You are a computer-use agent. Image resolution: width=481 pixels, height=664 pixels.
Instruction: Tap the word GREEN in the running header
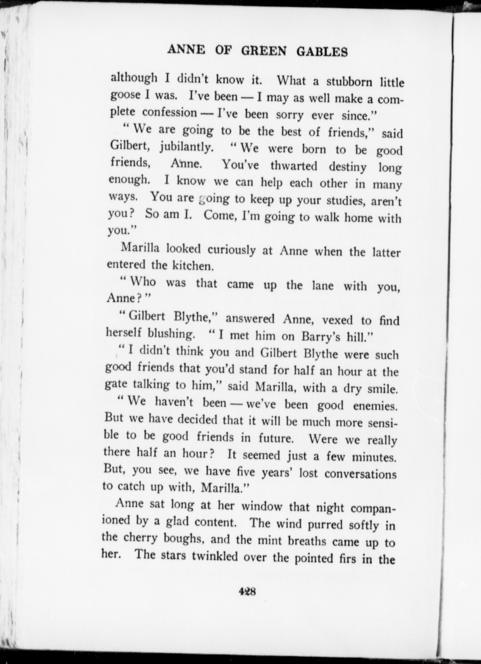(264, 51)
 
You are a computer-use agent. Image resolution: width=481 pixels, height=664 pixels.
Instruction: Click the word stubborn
(349, 82)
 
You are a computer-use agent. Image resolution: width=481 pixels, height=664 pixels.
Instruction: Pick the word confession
(169, 112)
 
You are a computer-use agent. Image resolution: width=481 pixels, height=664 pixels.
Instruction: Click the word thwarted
(294, 166)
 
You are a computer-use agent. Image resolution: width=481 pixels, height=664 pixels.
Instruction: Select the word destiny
(348, 167)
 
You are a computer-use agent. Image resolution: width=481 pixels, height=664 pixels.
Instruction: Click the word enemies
(375, 406)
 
